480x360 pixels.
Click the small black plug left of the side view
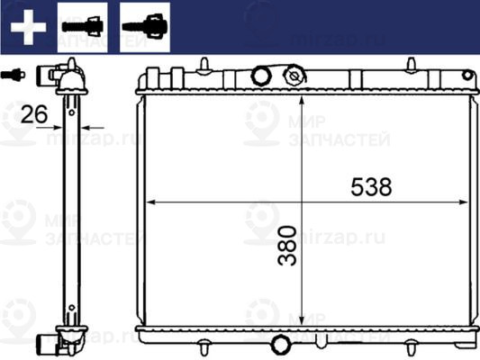[x=12, y=74]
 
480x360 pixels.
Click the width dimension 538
[x=370, y=186]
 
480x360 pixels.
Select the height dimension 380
[x=287, y=245]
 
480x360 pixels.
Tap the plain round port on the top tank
[x=262, y=76]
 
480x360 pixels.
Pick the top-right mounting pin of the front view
[x=411, y=65]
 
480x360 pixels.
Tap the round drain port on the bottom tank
[x=280, y=345]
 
